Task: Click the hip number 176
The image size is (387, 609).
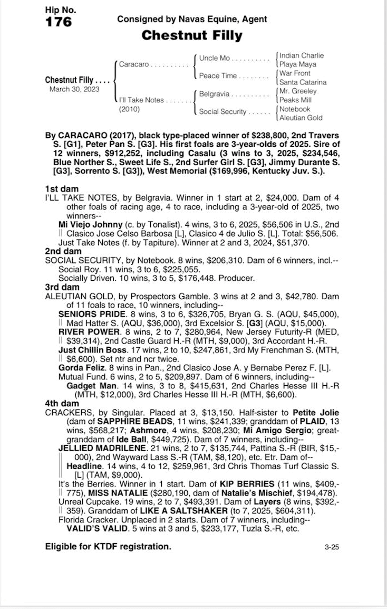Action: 59,22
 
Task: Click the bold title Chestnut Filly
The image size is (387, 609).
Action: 192,36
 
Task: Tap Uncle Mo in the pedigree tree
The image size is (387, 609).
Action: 215,58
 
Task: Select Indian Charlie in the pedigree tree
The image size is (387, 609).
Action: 302,55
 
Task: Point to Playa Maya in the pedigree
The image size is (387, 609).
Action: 298,64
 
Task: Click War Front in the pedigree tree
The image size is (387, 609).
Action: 295,73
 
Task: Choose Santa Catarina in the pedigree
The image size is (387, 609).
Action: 303,82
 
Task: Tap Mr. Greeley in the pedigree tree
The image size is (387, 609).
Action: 298,91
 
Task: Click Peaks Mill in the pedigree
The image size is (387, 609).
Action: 296,100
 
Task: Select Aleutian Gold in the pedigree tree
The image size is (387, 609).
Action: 301,118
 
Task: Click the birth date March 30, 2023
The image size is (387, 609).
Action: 74,89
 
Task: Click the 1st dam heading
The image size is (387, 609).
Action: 62,188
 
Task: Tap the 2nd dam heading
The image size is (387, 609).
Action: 63,252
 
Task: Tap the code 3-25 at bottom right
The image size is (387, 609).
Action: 332,547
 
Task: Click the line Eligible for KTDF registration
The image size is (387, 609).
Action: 108,547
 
